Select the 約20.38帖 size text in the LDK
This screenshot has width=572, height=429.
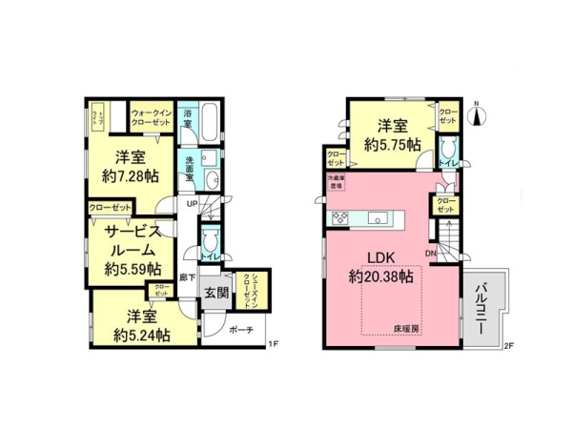click(379, 277)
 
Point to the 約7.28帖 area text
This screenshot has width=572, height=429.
click(131, 176)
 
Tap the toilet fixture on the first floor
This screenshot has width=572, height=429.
click(211, 241)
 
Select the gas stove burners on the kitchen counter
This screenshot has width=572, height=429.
click(341, 219)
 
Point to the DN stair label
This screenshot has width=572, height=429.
click(431, 254)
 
